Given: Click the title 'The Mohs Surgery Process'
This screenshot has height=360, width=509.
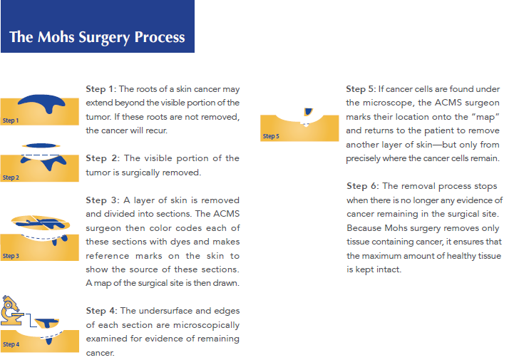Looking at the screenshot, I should (97, 37).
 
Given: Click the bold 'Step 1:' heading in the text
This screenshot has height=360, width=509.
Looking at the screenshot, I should (100, 89).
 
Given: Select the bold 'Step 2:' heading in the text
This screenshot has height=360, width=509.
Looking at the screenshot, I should (101, 158).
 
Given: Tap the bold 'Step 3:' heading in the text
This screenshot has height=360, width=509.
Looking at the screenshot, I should (101, 201).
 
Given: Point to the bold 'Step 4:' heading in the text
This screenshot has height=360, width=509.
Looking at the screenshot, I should (101, 311).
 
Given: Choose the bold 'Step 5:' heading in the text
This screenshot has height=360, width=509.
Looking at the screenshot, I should (361, 89).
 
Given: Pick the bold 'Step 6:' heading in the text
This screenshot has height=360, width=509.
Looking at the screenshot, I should (361, 186).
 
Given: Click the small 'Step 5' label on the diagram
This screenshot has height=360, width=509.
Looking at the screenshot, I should (271, 136).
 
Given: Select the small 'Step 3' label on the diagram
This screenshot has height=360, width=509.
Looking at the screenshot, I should (11, 256).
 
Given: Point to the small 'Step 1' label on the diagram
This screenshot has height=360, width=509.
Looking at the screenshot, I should (11, 120).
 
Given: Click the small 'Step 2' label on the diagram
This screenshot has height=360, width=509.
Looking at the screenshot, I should (11, 178).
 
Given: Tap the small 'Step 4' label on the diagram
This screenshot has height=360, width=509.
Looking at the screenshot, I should (11, 344).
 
